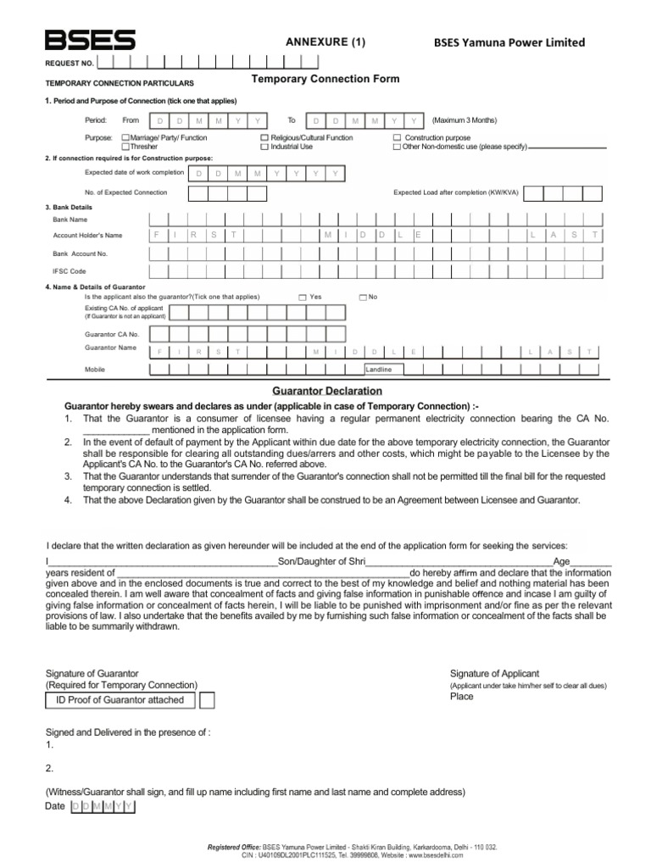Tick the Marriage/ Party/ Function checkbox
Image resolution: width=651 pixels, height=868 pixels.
(x=126, y=137)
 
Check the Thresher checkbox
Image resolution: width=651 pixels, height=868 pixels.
(x=126, y=147)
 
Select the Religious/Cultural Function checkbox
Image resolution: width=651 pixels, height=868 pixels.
(x=264, y=137)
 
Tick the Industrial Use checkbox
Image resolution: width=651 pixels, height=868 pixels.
(x=264, y=147)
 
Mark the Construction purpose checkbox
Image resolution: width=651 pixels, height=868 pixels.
(x=397, y=137)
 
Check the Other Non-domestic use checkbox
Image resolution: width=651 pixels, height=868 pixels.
(x=397, y=147)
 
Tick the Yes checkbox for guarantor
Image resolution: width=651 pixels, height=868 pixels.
(x=303, y=298)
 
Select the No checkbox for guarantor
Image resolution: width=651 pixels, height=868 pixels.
(x=362, y=298)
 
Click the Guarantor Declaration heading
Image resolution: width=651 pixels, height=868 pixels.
(x=326, y=391)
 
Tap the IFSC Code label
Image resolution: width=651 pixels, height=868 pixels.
(x=70, y=271)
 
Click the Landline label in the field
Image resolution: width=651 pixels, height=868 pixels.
(x=379, y=370)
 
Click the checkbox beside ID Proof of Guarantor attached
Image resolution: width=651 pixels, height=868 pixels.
(x=207, y=700)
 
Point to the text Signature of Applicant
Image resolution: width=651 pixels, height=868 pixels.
(x=494, y=673)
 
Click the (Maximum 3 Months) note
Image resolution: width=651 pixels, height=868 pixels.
(x=465, y=120)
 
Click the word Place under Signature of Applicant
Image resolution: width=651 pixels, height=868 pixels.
(x=462, y=697)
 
